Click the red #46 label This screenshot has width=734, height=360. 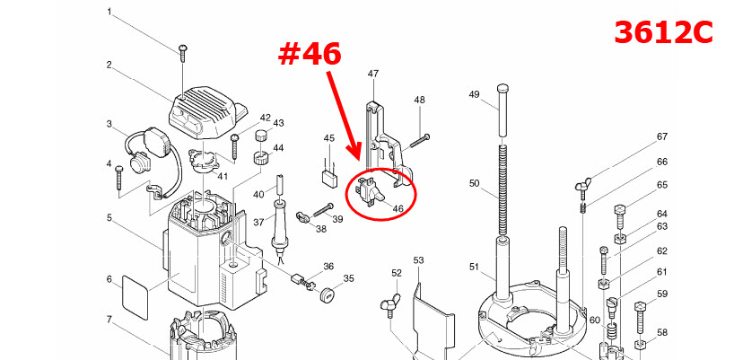tap(310, 54)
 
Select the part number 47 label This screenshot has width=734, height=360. tap(373, 74)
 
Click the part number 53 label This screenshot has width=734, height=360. tap(418, 260)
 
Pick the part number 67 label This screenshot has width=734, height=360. tap(661, 136)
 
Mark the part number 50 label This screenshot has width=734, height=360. tap(474, 183)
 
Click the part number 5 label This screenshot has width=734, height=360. tap(109, 217)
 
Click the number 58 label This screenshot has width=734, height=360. tap(661, 332)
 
